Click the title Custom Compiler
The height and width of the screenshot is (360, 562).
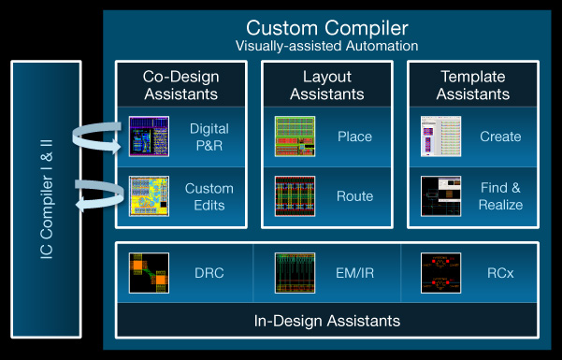tap(327, 27)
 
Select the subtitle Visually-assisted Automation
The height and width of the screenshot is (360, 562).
tap(327, 46)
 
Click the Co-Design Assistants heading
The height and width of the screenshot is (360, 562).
tap(180, 85)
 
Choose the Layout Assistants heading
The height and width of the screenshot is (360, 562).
tap(326, 85)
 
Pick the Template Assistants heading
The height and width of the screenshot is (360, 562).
tap(472, 85)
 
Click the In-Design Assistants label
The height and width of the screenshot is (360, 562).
tap(327, 321)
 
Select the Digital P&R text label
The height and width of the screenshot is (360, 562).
tap(209, 137)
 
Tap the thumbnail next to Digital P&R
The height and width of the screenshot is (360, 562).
tap(149, 137)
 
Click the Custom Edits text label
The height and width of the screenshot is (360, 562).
tap(209, 196)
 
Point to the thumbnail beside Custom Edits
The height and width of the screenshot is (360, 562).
tap(149, 196)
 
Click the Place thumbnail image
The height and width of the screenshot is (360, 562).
tap(295, 137)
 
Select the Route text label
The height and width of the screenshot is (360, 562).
tap(355, 196)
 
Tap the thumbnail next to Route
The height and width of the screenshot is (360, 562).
tap(295, 196)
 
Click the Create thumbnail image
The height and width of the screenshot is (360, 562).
tap(440, 137)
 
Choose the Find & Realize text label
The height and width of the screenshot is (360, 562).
tap(500, 196)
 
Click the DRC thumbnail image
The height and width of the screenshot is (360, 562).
tap(149, 272)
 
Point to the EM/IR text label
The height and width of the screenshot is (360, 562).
tap(355, 272)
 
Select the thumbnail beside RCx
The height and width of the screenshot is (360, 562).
tap(440, 272)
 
